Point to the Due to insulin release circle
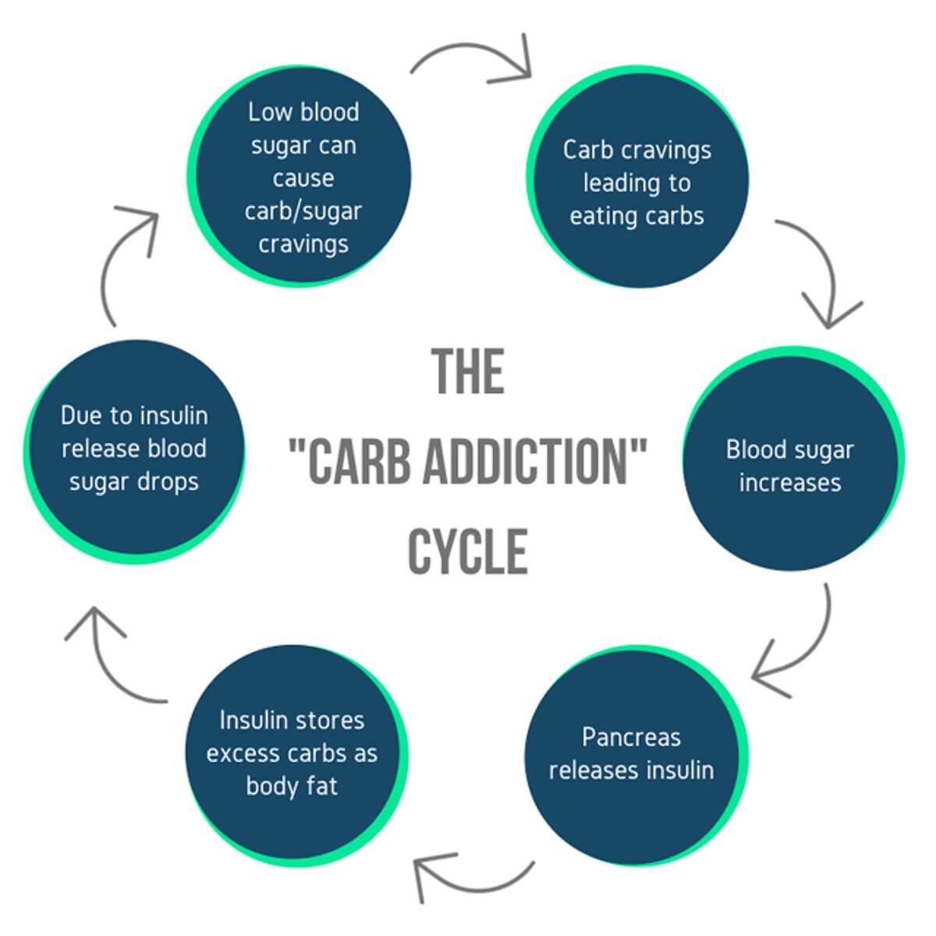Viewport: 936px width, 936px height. coord(134,449)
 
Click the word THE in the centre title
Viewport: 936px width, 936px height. coord(468,371)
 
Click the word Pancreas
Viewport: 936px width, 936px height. coord(631,737)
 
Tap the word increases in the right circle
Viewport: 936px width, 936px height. coord(790,483)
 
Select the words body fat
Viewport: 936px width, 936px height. coord(292,785)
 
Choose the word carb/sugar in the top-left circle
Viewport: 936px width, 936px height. coord(303,211)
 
